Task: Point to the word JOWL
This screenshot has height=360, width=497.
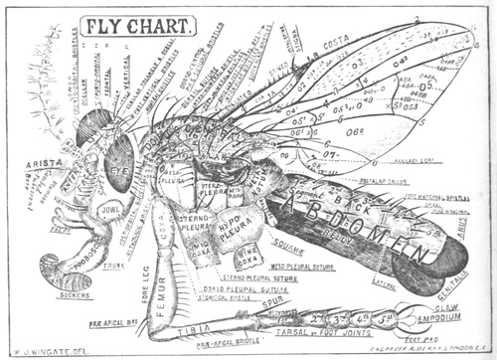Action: pos(109,210)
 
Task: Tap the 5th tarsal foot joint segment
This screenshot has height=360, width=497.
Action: pos(384,319)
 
